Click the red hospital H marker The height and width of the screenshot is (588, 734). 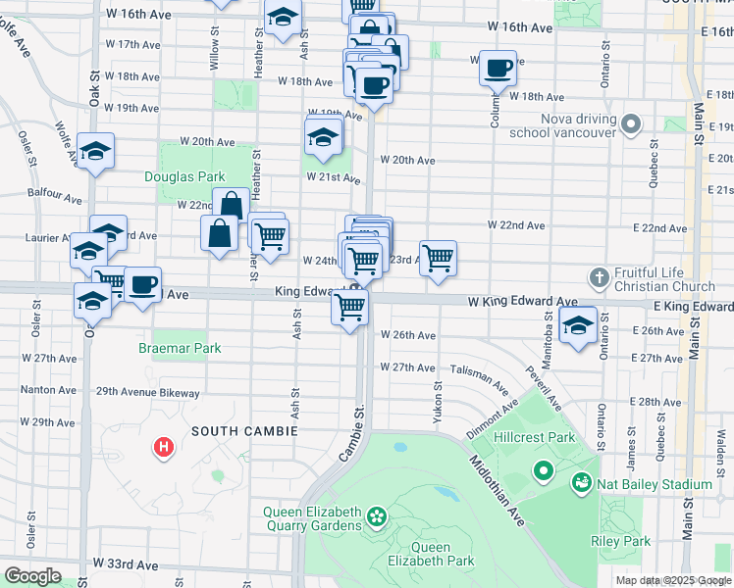[164, 448]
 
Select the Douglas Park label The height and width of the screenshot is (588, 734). [184, 177]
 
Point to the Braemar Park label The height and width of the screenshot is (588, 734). [180, 348]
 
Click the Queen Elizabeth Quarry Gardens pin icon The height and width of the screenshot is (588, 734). [375, 515]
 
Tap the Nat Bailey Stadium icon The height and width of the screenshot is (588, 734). [582, 483]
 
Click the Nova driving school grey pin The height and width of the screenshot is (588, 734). [631, 124]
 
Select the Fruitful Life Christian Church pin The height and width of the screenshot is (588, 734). [600, 279]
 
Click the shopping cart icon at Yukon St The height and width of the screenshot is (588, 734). [439, 257]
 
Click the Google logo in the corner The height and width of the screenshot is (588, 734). [32, 575]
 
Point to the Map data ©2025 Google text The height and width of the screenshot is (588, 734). [673, 580]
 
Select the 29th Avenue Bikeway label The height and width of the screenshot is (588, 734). [147, 393]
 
